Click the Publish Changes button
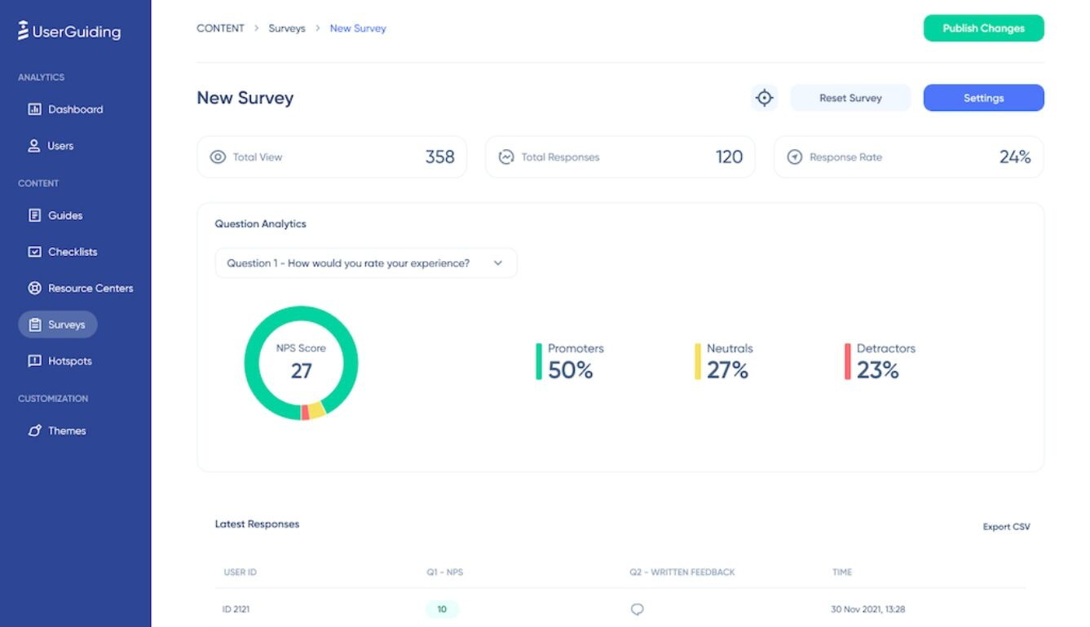(983, 29)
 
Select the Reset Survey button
(850, 98)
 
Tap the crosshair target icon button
(764, 98)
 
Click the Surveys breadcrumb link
(287, 29)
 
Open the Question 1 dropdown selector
(365, 263)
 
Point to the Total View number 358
(439, 157)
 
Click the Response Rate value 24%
(1015, 157)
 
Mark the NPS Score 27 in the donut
(301, 370)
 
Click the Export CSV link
(1006, 527)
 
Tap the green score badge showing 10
(442, 609)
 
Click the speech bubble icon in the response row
(638, 609)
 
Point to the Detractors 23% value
(877, 370)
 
